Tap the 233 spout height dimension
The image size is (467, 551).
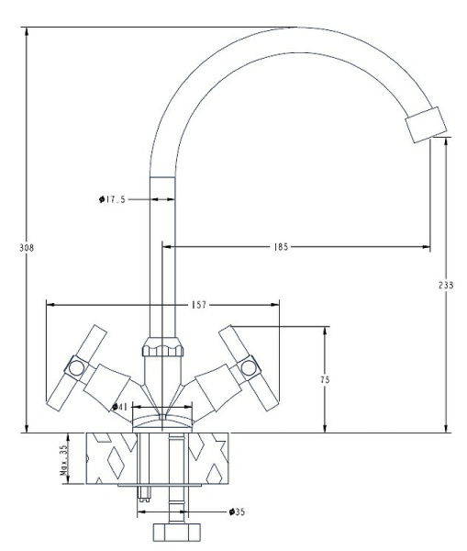point(446,285)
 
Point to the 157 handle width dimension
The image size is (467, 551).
point(161,304)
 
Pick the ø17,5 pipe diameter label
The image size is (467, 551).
point(111,197)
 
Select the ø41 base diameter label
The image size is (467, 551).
point(119,406)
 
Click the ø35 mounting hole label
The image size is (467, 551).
point(236,512)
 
